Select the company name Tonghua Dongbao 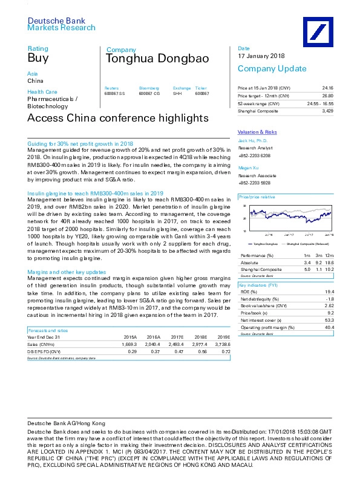tap(157, 59)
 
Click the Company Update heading tap(267, 68)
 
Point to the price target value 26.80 tap(327, 96)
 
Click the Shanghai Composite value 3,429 tap(328, 111)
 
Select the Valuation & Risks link tap(257, 132)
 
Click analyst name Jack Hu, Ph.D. tap(253, 140)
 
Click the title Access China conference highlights tap(119, 118)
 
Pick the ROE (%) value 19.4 tap(329, 291)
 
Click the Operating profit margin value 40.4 tap(329, 327)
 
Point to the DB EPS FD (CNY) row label tap(44, 351)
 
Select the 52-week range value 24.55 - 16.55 tap(319, 103)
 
